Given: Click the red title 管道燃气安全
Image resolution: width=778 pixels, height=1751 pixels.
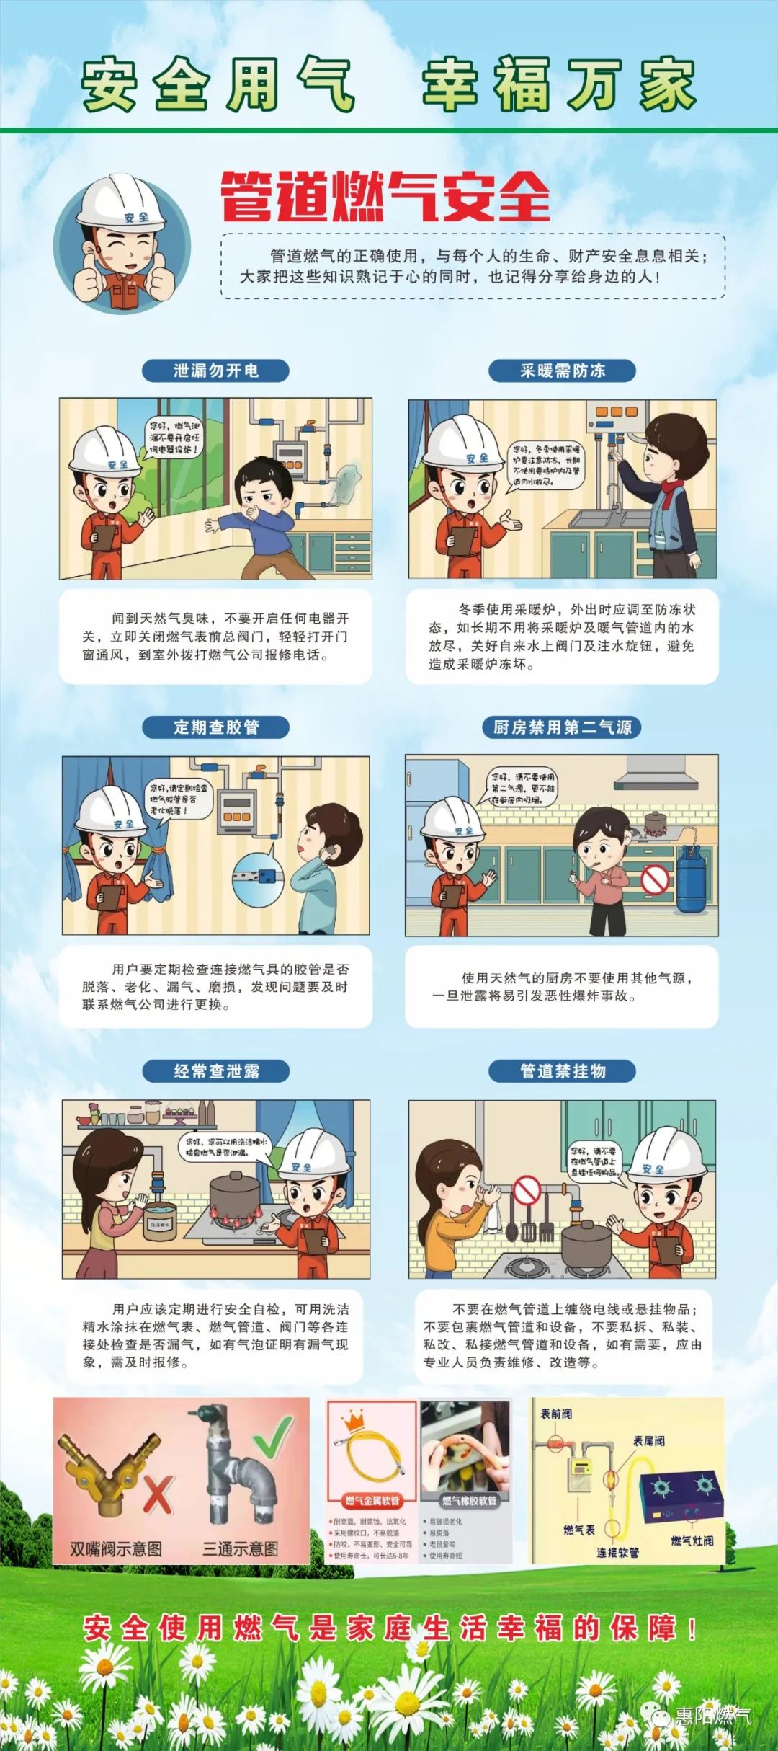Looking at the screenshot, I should coord(385,196).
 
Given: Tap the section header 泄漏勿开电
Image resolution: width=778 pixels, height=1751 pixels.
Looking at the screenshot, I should coord(215,371).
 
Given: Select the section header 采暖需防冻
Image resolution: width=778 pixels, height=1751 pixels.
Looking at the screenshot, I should coord(562,371).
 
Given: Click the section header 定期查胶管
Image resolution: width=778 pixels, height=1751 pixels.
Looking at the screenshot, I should coord(215,727).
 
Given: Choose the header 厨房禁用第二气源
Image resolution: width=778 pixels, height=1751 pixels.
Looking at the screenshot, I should coord(562,727).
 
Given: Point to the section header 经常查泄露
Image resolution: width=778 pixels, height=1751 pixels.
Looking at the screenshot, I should coord(215,1070).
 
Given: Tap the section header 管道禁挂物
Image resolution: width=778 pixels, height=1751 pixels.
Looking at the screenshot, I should coord(562,1070).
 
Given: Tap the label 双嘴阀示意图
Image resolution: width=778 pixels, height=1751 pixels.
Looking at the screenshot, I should coord(115,1548).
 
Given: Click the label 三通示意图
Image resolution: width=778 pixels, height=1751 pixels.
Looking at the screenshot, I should coord(240,1548).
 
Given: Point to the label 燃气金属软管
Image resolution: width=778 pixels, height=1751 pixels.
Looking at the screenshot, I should coord(372,1501).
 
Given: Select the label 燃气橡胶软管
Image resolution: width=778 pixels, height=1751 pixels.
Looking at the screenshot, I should coord(469,1501).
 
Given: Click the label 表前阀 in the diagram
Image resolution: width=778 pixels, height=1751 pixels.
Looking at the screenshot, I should coord(556,1414).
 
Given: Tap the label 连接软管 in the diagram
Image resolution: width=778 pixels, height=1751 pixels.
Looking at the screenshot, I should coord(617,1552).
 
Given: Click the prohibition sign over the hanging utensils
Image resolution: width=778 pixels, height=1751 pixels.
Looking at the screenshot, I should coord(527,1190).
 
